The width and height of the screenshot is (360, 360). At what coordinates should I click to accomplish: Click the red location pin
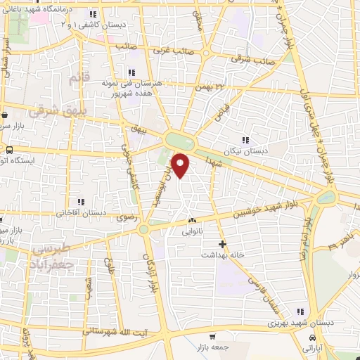(181, 165)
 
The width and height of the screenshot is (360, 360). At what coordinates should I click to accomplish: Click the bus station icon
(10, 150)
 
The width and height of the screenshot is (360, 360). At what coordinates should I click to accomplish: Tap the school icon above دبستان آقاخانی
(81, 201)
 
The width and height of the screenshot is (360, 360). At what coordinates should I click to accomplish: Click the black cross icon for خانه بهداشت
(222, 244)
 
